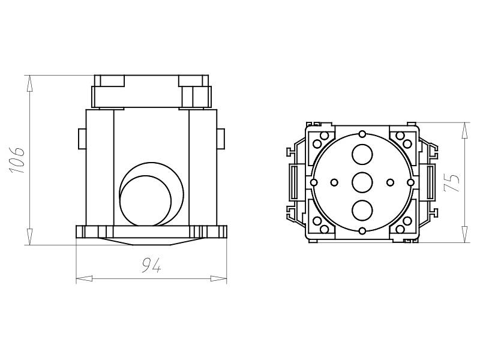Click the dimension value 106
(x=17, y=160)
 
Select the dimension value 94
(x=151, y=266)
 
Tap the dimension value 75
(x=452, y=183)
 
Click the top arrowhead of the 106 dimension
(x=29, y=83)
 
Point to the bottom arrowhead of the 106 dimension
(x=29, y=236)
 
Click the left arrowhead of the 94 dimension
(x=84, y=278)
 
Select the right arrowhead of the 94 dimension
(x=218, y=278)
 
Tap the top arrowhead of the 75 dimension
(x=464, y=131)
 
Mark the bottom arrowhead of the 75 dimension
(x=464, y=235)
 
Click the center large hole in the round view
(x=362, y=182)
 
